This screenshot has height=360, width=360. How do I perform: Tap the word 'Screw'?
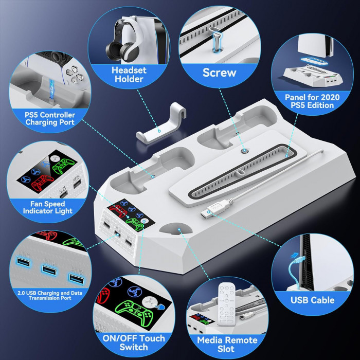pyautogui.click(x=219, y=73)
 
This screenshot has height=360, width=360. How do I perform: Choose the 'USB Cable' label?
pyautogui.click(x=312, y=300)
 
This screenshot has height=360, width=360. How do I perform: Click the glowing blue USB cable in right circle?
pyautogui.click(x=295, y=267)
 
